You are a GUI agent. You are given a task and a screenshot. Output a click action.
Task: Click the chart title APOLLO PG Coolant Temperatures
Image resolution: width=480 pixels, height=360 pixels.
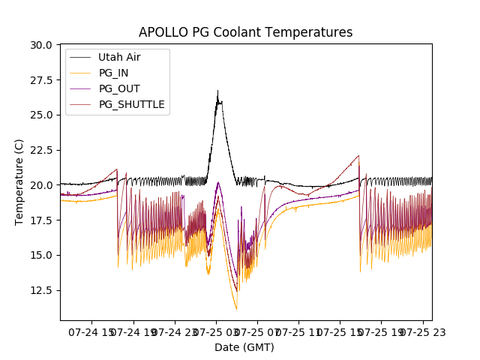coord(245,32)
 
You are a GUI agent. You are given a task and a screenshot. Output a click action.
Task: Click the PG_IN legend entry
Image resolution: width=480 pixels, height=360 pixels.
coord(113,73)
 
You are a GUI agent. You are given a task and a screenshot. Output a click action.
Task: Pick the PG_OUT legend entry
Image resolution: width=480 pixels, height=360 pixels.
coord(118,88)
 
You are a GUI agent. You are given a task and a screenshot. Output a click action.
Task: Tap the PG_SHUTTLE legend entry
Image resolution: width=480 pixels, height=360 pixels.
coord(131,104)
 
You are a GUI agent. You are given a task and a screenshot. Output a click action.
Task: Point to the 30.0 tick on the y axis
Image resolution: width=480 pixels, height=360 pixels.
coord(41,45)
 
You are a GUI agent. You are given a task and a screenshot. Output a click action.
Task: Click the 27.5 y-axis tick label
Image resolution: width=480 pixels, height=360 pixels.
coord(41,80)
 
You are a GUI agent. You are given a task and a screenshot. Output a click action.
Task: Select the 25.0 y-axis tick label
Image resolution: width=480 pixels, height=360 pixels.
coord(41,115)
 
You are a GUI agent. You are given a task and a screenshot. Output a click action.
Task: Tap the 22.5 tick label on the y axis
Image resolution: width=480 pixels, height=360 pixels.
coord(41,150)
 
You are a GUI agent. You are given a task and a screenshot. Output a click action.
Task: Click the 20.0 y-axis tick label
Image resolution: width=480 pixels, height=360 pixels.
coord(41,185)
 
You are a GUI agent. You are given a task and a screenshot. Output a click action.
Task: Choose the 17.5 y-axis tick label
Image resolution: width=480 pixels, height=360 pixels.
coord(41,220)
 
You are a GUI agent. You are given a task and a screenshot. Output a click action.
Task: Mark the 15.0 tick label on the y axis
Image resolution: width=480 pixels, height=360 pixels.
coord(41,255)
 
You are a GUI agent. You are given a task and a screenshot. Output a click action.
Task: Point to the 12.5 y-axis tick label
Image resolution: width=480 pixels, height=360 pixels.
coord(41,290)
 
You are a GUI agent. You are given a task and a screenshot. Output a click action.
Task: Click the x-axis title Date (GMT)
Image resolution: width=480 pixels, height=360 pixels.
coord(244,347)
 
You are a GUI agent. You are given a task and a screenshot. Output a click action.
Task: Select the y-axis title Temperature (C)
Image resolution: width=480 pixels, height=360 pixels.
coord(19,181)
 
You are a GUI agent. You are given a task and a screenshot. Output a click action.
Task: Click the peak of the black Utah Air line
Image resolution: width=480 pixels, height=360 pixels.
coord(217,91)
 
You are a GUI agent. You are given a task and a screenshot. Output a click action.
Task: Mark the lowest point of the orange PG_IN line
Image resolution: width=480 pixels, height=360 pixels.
coord(236,309)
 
